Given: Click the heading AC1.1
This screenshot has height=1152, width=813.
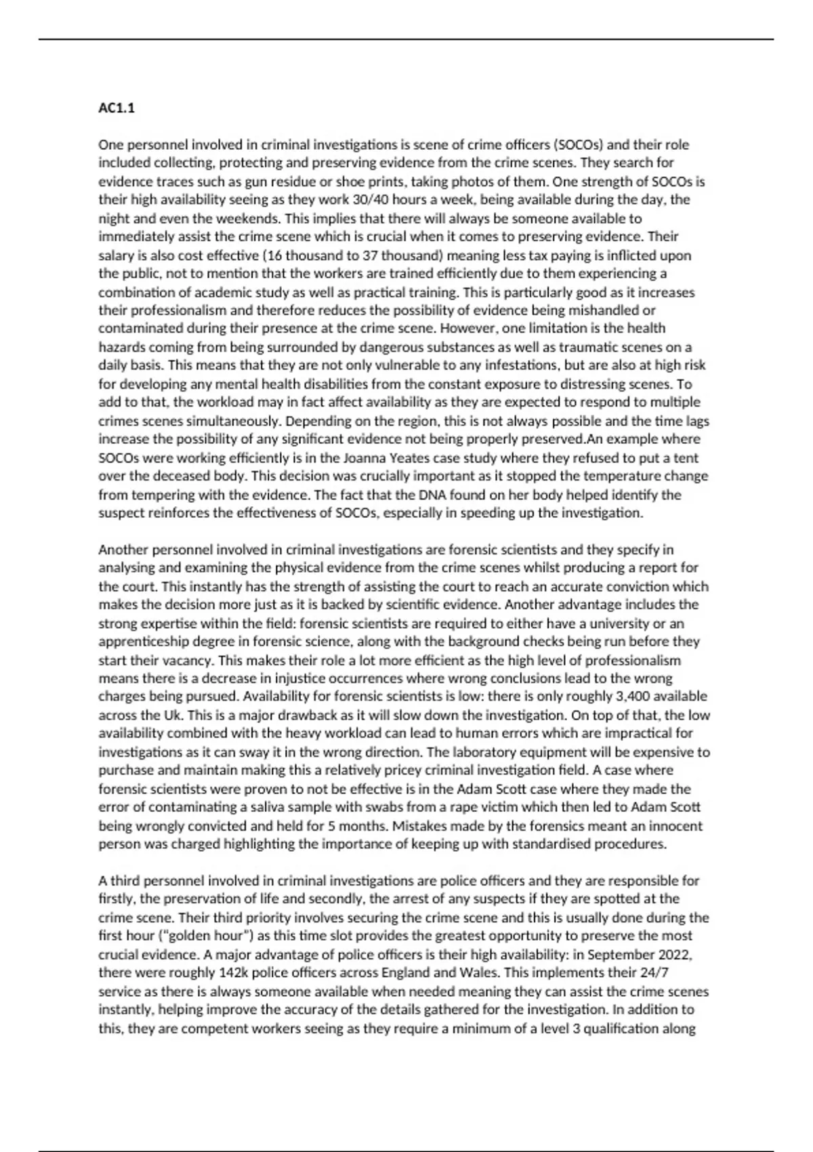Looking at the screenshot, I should (x=117, y=108).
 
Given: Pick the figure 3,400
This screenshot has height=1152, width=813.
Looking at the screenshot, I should (x=619, y=697).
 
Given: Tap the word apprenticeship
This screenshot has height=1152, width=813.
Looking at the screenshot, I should (x=144, y=642).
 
